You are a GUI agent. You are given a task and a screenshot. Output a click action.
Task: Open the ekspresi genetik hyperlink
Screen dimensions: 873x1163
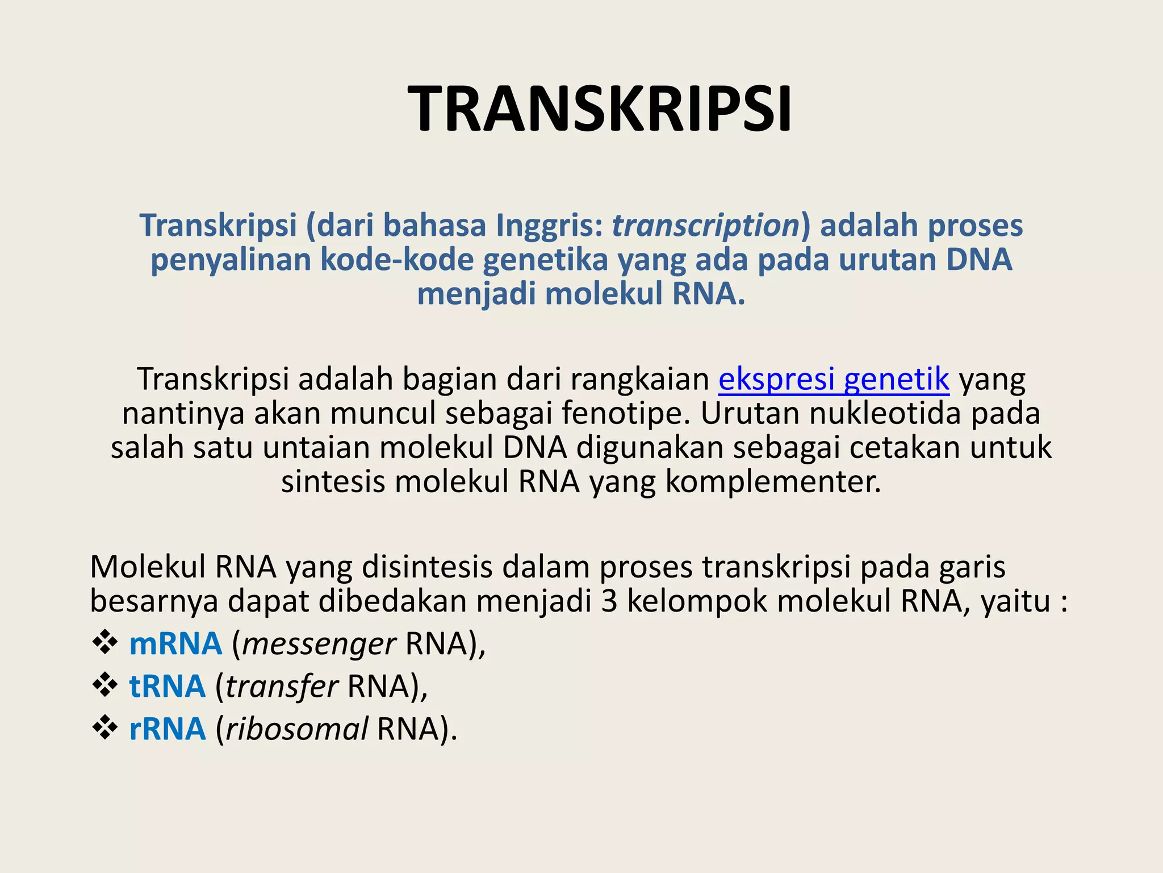(x=834, y=379)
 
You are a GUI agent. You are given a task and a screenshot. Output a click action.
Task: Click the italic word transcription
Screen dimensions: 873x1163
(x=705, y=225)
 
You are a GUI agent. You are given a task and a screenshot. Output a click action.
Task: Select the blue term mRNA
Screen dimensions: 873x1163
(x=175, y=644)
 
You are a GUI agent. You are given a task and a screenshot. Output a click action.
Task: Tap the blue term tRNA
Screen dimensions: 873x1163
(x=167, y=686)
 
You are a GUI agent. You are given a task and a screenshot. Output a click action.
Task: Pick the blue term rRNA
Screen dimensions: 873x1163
(x=167, y=729)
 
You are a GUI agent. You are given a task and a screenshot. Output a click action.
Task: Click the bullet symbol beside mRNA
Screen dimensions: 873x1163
(x=104, y=643)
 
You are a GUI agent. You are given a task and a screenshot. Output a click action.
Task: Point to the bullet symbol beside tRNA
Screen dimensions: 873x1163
(x=104, y=685)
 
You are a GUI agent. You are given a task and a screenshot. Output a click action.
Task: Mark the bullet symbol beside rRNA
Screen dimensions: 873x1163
(x=104, y=727)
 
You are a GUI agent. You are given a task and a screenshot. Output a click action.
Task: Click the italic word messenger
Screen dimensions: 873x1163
(x=319, y=645)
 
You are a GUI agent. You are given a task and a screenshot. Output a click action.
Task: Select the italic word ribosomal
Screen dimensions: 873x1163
(x=296, y=729)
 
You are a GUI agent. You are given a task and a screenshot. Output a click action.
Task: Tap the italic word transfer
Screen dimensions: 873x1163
(x=282, y=687)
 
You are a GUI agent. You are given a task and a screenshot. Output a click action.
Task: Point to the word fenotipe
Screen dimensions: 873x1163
(x=626, y=413)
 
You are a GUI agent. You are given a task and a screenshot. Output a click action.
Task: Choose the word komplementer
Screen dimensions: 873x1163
(x=773, y=481)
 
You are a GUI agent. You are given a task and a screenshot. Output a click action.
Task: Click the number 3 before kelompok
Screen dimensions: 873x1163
(x=609, y=601)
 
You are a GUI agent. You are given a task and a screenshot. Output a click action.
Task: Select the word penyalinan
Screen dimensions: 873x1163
(x=231, y=260)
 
